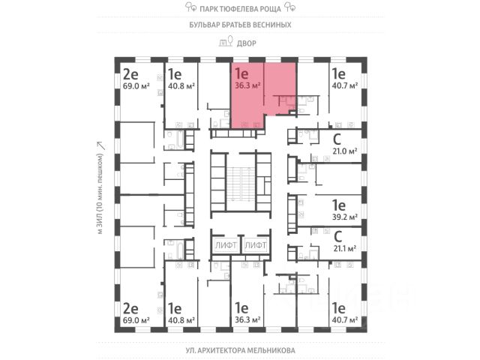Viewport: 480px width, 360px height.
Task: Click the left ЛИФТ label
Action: coord(226,245)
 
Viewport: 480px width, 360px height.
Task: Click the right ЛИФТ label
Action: coord(256,245)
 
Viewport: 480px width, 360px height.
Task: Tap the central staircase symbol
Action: coord(241,183)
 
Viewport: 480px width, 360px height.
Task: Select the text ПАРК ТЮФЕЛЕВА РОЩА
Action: coord(239,9)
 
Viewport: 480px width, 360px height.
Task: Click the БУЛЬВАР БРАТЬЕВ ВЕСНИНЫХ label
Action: coord(239,25)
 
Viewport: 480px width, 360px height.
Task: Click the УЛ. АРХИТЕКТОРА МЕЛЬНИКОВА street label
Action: coord(239,350)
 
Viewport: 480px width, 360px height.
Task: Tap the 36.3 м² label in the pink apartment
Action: coord(247,86)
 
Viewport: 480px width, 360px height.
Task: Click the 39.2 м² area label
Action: coord(344,216)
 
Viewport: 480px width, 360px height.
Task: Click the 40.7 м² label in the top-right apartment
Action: coord(344,86)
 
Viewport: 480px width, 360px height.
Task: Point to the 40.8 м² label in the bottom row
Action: coord(181,319)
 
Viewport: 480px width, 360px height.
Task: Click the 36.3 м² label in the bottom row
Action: coord(247,319)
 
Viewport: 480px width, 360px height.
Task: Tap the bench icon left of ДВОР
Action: coord(223,43)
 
